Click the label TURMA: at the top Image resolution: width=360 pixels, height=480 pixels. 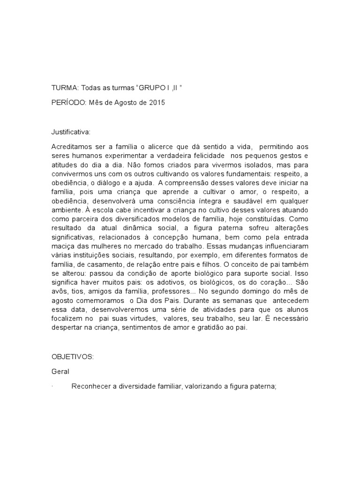coord(65,88)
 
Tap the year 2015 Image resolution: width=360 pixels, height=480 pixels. coord(157,103)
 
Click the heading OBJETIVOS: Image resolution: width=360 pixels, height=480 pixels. coord(73,357)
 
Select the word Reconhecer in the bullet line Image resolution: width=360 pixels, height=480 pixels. coord(90,386)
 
